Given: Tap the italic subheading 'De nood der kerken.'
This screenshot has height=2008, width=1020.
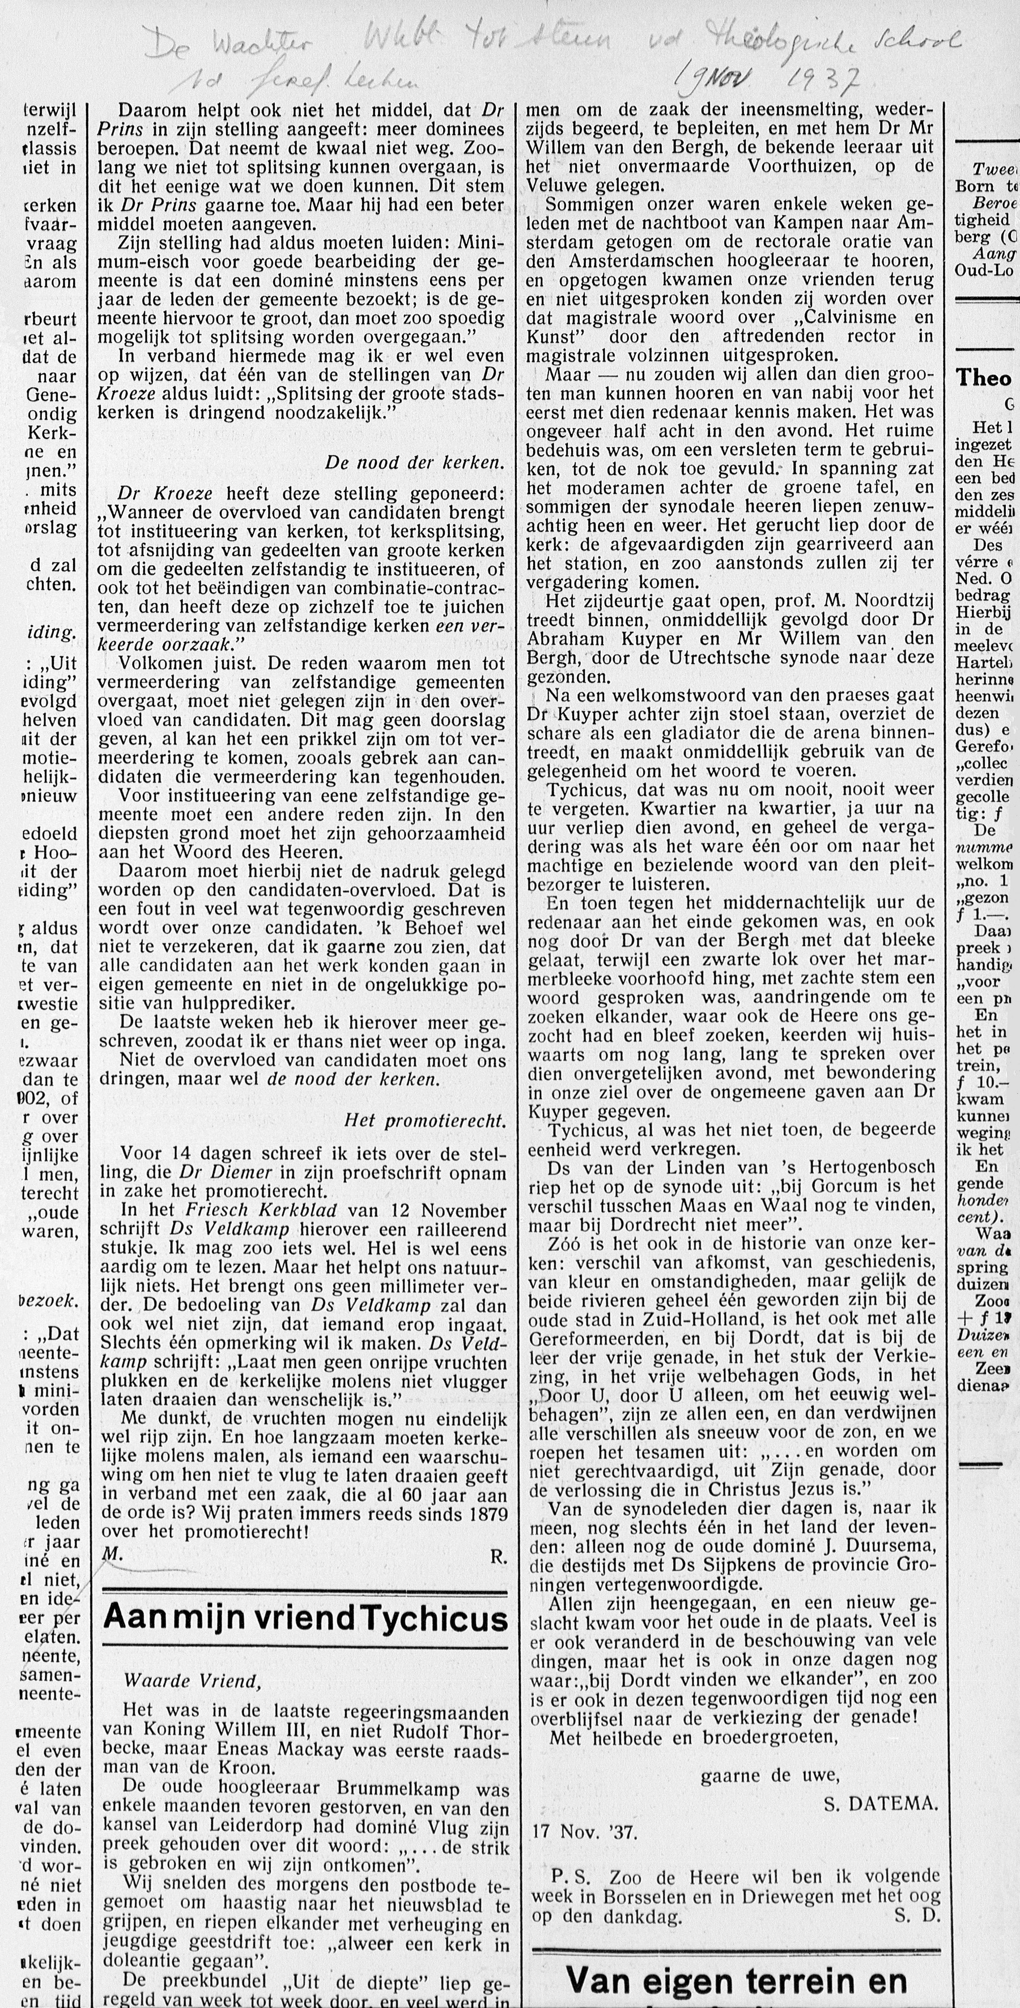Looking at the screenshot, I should (414, 462).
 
